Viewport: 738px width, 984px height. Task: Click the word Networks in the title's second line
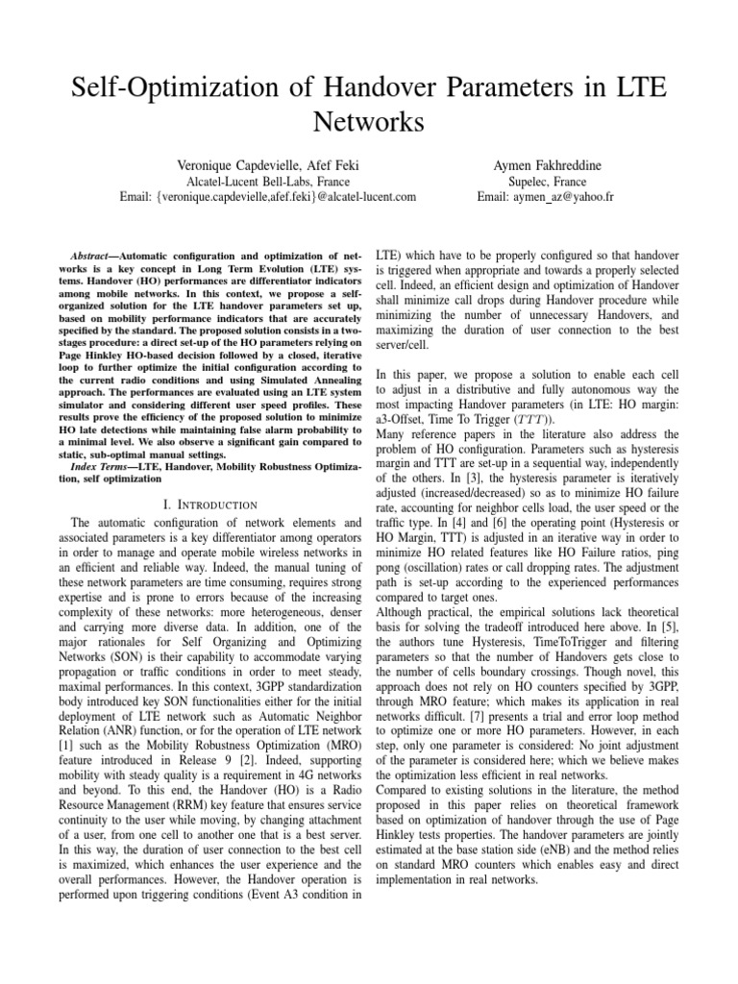[x=369, y=123]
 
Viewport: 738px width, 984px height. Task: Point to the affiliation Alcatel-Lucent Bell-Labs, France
[x=267, y=181]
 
